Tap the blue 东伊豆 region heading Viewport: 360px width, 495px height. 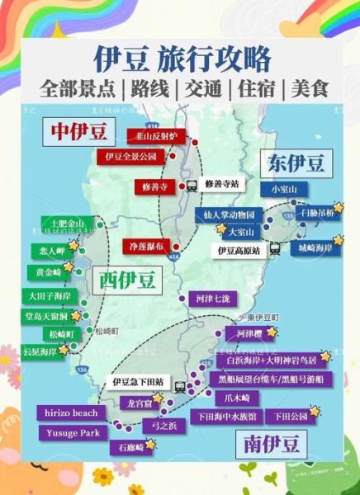pyautogui.click(x=296, y=162)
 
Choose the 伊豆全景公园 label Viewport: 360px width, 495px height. pyautogui.click(x=130, y=155)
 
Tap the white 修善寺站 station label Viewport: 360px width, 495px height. pyautogui.click(x=221, y=183)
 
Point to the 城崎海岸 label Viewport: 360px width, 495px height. pyautogui.click(x=319, y=247)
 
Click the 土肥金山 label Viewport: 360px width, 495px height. pyautogui.click(x=66, y=224)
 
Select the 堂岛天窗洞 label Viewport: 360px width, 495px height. pyautogui.click(x=45, y=315)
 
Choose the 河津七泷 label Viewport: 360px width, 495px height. pyautogui.click(x=212, y=297)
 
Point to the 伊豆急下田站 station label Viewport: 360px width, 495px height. pyautogui.click(x=137, y=383)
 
